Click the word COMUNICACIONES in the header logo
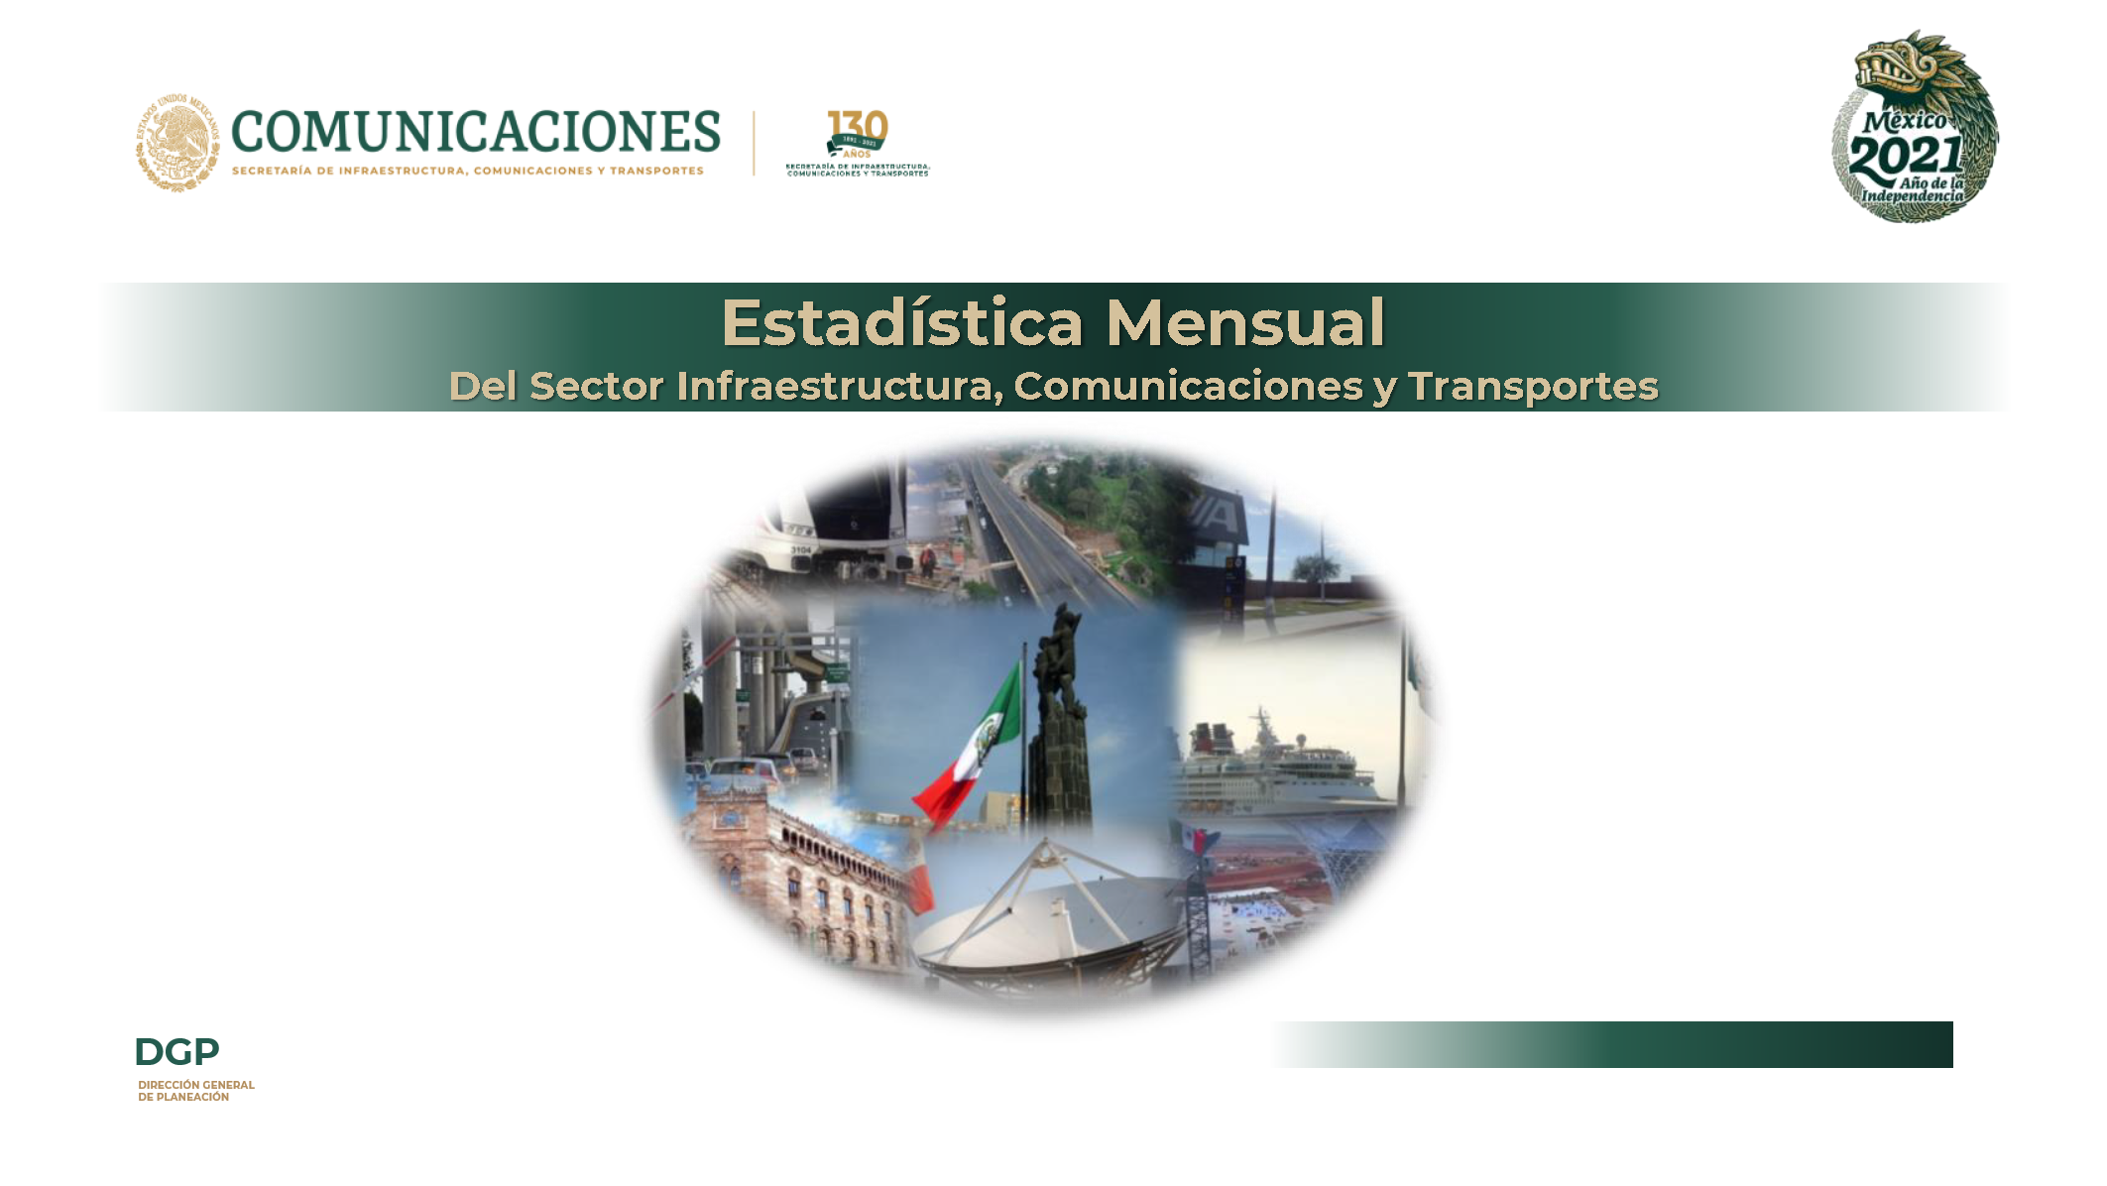(476, 132)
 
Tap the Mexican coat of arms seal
(177, 143)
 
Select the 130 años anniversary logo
(858, 143)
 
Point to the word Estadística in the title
(901, 323)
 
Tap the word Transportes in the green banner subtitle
(1533, 387)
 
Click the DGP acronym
(176, 1051)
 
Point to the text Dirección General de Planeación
(195, 1091)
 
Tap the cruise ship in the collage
(1279, 764)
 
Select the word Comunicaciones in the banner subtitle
(1188, 387)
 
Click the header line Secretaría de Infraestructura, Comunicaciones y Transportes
(468, 172)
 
